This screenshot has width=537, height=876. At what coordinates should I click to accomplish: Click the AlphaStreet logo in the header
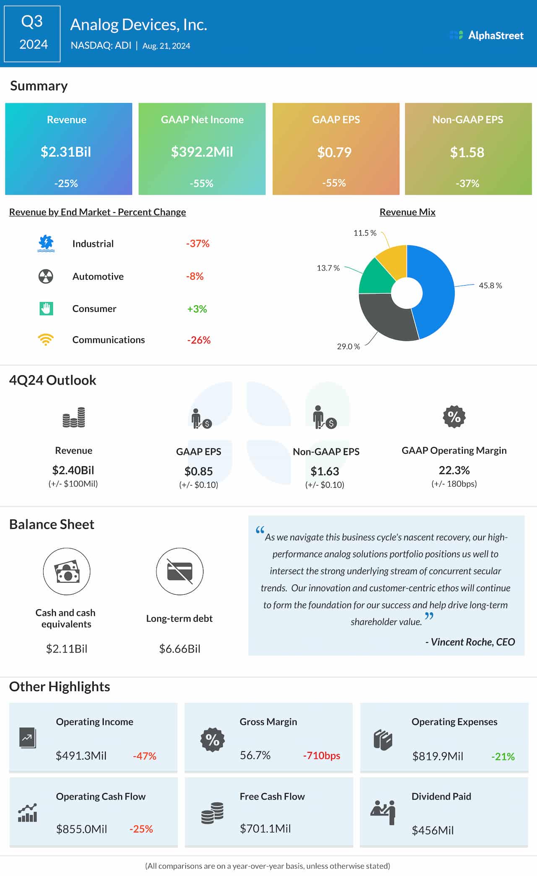(487, 35)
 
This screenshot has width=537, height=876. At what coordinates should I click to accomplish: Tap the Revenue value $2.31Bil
(66, 152)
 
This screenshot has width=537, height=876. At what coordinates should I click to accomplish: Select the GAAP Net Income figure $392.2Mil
(202, 152)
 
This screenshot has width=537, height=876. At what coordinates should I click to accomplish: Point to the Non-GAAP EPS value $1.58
(467, 152)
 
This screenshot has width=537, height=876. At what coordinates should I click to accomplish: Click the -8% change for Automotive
(195, 276)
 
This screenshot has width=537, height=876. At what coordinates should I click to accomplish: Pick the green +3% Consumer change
(197, 309)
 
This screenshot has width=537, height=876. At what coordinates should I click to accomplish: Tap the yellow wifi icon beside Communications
(46, 339)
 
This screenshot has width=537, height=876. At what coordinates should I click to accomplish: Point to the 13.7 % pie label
(328, 268)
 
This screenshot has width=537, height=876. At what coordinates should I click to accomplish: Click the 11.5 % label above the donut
(365, 233)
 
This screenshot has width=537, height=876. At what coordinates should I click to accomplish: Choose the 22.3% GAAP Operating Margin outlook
(454, 470)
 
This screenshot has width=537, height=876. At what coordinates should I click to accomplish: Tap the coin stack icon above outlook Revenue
(74, 418)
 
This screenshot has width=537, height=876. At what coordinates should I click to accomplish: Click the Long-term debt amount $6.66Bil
(180, 649)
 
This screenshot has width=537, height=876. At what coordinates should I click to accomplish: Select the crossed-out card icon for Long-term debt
(180, 571)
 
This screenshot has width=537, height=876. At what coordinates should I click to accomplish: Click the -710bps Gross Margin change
(321, 756)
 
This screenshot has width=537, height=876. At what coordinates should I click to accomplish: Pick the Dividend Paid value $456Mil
(433, 830)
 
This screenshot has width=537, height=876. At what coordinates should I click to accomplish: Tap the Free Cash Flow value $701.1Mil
(265, 829)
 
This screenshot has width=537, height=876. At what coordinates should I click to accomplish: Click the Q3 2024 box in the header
(32, 34)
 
